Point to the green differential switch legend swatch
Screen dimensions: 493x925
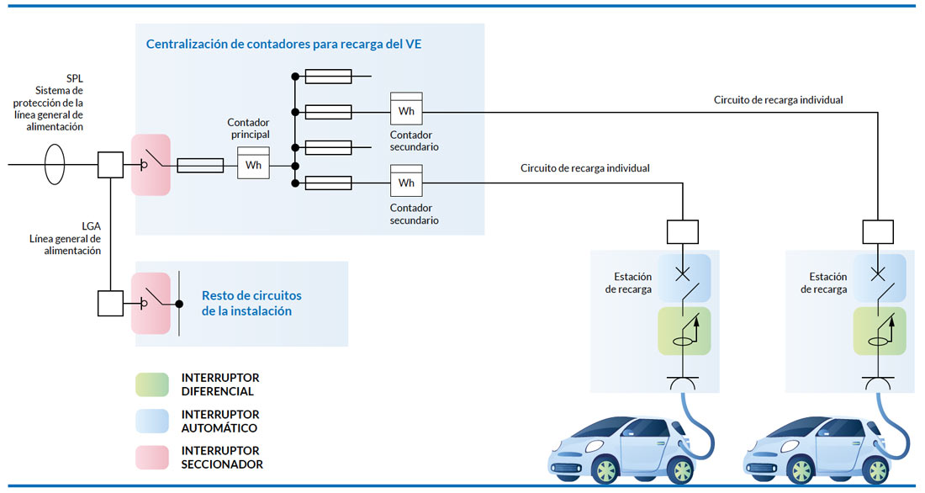[x=152, y=384]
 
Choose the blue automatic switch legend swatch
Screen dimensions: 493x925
[x=152, y=421]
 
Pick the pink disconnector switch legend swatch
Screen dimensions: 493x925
[x=152, y=457]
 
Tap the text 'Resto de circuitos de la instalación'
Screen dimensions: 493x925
[x=251, y=303]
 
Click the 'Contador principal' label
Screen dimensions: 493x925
[x=248, y=129]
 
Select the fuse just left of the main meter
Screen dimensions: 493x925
[x=201, y=166]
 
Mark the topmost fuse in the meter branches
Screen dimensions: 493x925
[x=328, y=77]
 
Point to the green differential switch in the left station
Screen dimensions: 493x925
[x=684, y=331]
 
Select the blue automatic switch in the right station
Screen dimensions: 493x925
[x=880, y=277]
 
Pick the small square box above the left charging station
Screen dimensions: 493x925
[x=683, y=232]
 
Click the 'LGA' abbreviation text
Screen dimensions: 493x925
[x=91, y=226]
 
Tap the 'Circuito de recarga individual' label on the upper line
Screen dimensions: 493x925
[x=778, y=99]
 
